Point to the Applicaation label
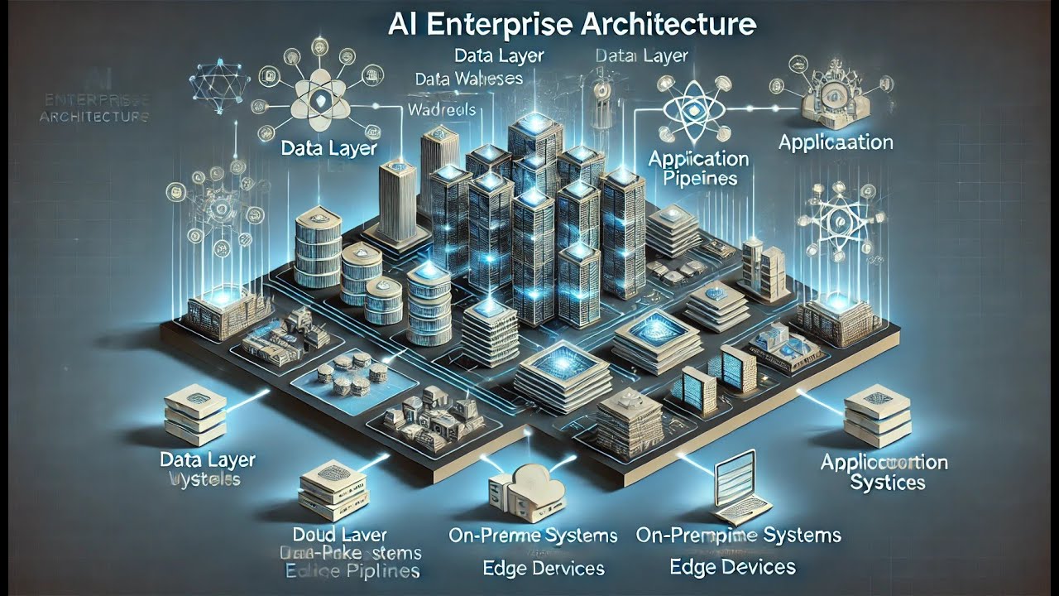(x=836, y=142)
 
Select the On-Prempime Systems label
(x=738, y=535)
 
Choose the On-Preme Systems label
(x=533, y=536)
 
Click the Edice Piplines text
(x=352, y=571)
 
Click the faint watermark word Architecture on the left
(x=93, y=117)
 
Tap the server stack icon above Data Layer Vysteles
(x=194, y=413)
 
